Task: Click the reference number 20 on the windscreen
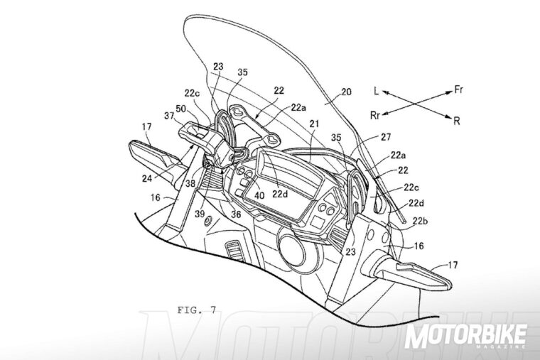346,91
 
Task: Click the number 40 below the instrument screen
260,196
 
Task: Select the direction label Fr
460,90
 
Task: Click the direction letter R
455,121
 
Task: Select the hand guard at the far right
409,271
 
